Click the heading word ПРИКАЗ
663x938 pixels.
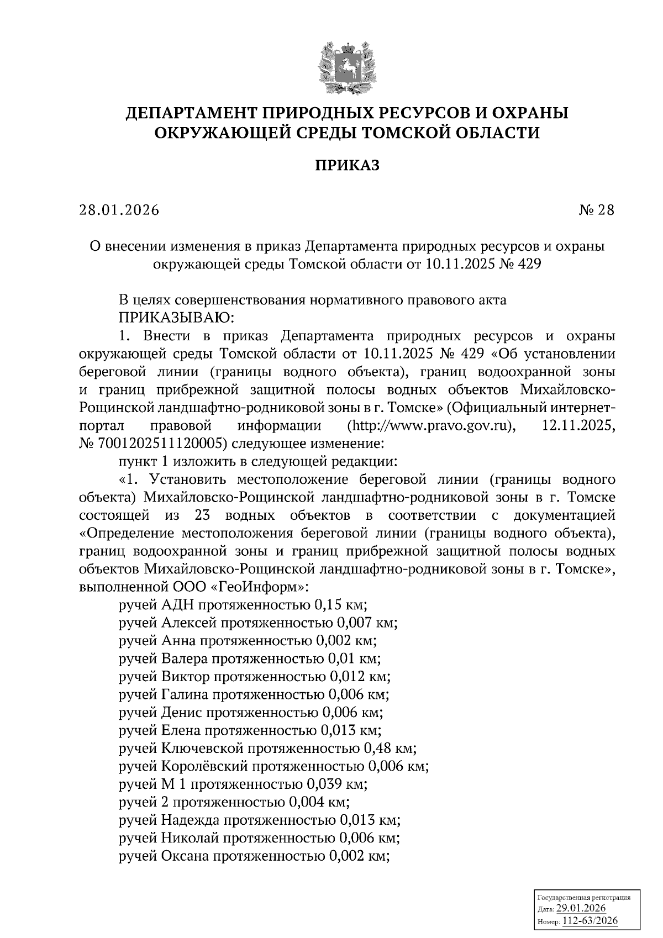348,165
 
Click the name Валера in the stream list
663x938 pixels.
185,658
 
